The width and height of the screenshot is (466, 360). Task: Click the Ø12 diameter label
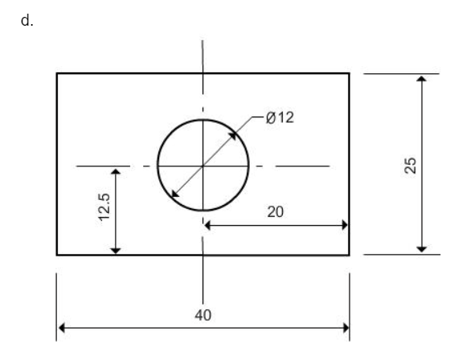click(x=280, y=118)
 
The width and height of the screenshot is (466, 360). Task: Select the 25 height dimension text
click(x=411, y=165)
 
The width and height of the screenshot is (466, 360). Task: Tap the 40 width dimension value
click(x=203, y=314)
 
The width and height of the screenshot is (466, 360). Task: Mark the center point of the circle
click(x=203, y=166)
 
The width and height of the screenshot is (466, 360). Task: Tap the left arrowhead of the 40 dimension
click(x=61, y=328)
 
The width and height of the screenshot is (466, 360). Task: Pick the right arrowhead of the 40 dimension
click(x=345, y=328)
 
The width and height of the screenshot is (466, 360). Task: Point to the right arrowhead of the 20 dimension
click(x=345, y=226)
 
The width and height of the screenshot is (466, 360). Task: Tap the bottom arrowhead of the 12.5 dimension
click(x=116, y=250)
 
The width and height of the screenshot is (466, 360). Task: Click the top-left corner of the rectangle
click(x=57, y=73)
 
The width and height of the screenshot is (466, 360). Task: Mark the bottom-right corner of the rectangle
click(x=349, y=255)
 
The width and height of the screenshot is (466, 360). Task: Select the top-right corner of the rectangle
click(x=349, y=73)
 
